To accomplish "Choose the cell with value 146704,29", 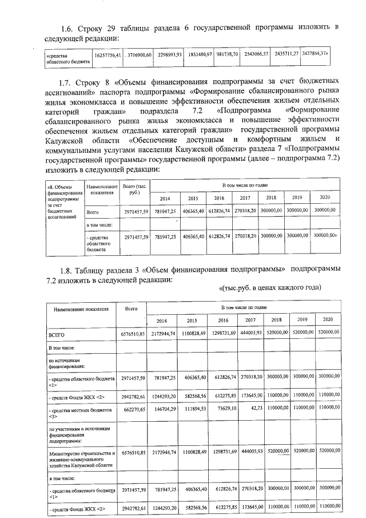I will click(162, 411).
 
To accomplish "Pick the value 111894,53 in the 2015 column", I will click(192, 411).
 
